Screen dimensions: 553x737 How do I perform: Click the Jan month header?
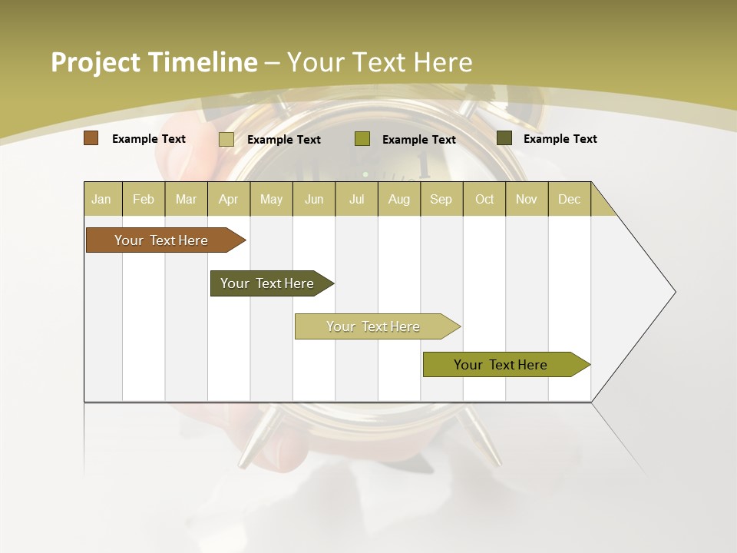point(102,199)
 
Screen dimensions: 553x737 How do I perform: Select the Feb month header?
point(144,199)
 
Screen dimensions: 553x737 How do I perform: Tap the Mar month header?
point(186,199)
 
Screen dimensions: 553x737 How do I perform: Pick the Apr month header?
point(229,199)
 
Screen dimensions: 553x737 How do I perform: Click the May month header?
point(271,199)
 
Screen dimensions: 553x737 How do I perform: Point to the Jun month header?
point(314,199)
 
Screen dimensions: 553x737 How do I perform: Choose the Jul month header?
point(356,199)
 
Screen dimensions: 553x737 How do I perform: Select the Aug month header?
point(399,199)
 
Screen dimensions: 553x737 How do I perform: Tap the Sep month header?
point(441,199)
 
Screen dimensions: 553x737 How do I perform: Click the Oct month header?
point(484,199)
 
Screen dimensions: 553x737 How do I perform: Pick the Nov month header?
point(527,199)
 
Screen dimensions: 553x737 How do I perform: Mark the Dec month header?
point(570,199)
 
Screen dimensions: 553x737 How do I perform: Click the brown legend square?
point(91,138)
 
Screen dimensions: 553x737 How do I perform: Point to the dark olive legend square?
point(504,138)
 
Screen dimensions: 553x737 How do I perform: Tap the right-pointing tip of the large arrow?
point(673,292)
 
